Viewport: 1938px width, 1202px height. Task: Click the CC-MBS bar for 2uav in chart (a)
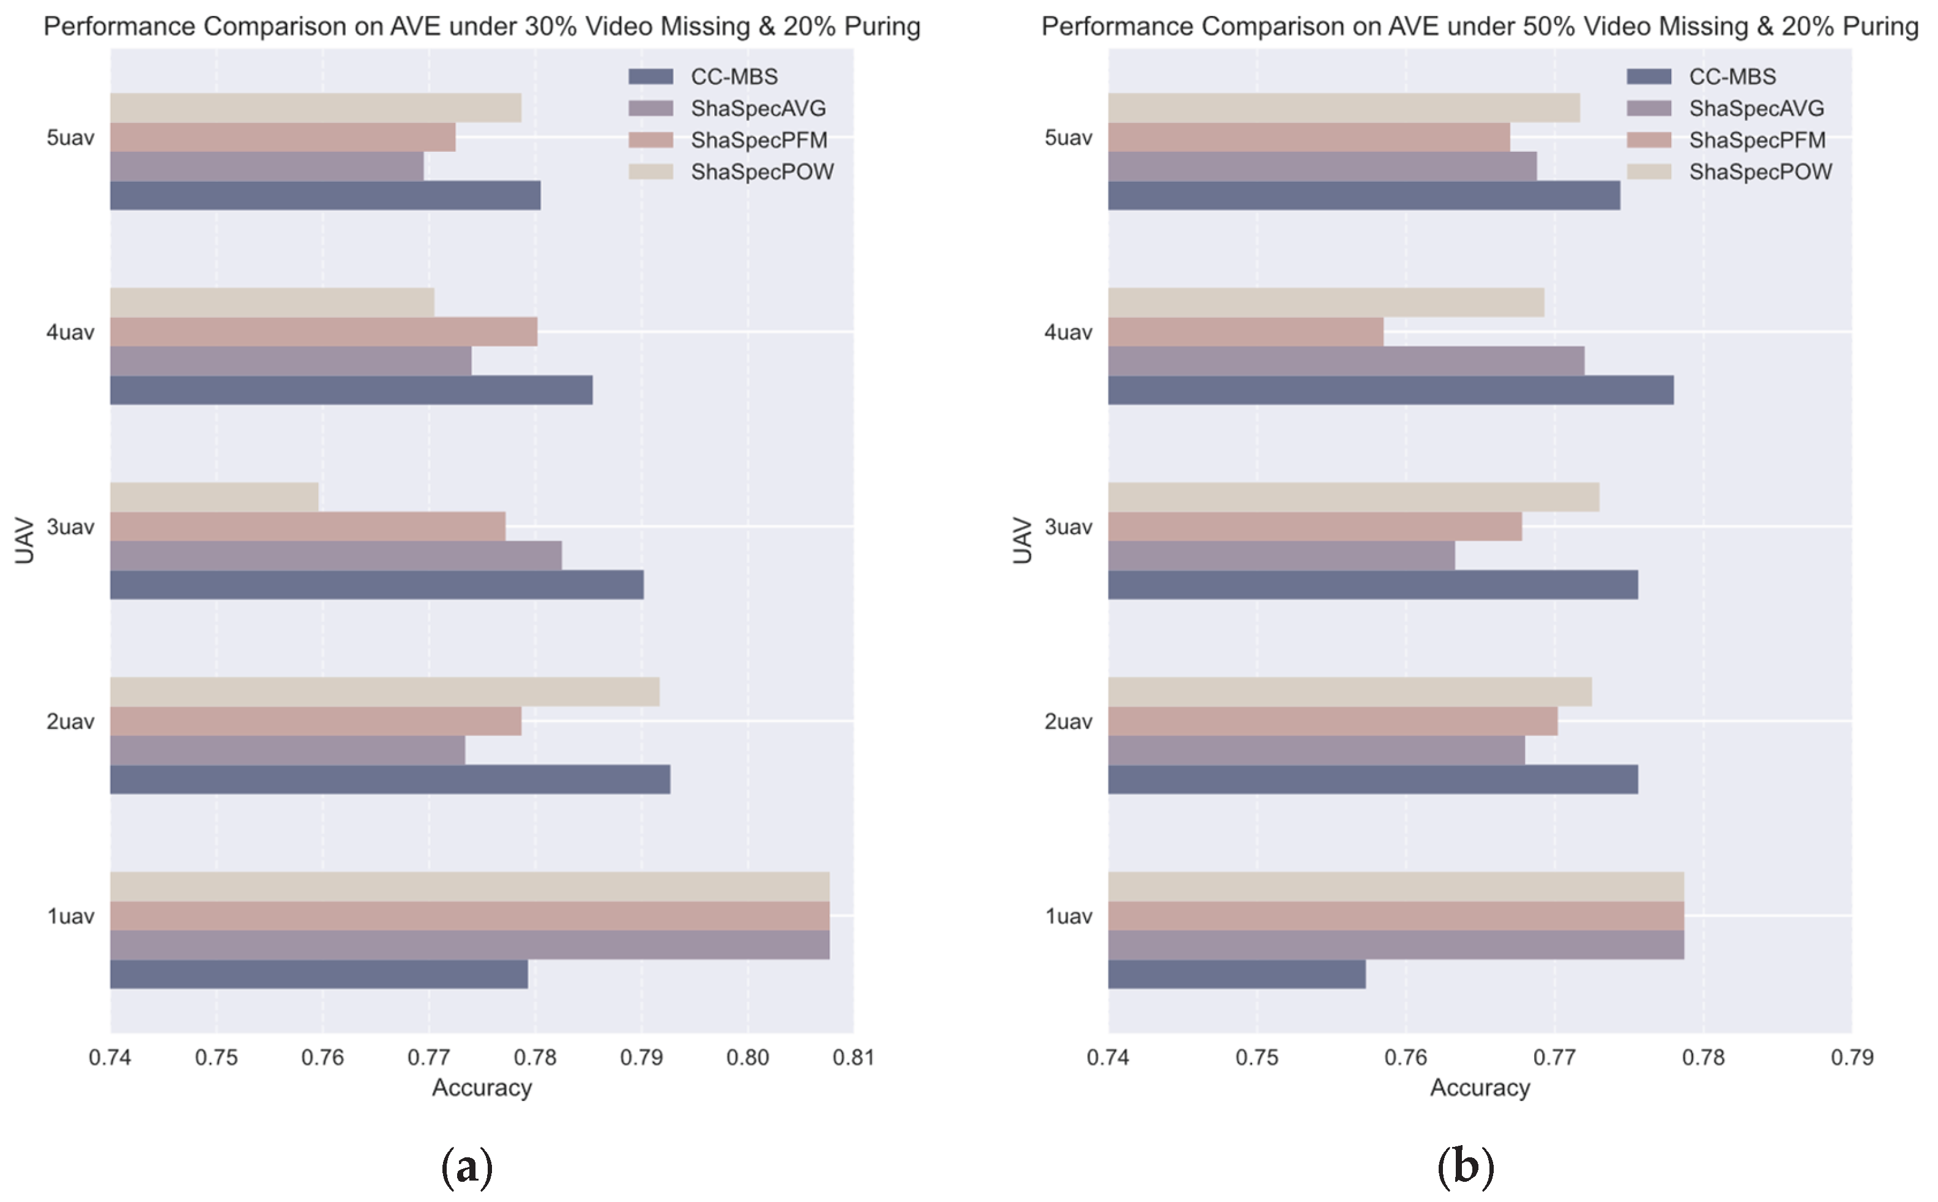[390, 779]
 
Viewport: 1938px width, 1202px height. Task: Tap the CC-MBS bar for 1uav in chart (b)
[1237, 974]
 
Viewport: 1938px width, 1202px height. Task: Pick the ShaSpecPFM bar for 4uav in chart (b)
[1246, 332]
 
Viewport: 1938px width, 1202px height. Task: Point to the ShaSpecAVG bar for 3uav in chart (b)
[1281, 555]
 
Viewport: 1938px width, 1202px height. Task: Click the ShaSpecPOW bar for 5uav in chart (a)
[316, 107]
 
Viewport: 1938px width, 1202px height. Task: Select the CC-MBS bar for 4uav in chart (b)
[1391, 389]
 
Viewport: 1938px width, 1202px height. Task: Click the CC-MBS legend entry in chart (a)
[703, 77]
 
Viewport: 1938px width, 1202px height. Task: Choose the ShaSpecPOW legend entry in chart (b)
[1729, 172]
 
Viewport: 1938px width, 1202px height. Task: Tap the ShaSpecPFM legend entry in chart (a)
[728, 140]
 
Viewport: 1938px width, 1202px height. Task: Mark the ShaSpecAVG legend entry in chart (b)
[1725, 108]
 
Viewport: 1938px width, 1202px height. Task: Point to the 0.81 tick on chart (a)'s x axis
[854, 1032]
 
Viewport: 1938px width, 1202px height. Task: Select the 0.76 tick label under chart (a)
[322, 1058]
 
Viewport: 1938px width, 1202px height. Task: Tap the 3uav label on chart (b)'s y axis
[1068, 526]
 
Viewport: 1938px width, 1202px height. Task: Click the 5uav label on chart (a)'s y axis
[70, 138]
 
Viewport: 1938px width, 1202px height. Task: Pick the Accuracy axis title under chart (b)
[1480, 1088]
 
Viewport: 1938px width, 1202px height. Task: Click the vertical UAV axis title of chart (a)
[24, 540]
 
